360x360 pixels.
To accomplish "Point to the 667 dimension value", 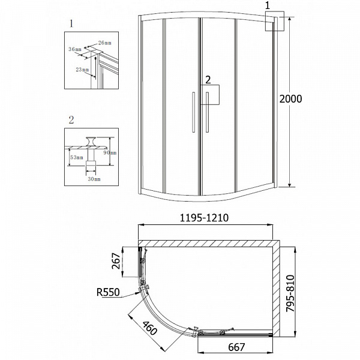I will click(x=233, y=347).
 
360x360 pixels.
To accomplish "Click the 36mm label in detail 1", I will click(x=74, y=49).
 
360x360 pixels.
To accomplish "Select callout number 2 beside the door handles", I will click(x=208, y=79).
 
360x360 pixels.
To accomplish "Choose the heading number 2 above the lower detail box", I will click(x=71, y=119).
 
